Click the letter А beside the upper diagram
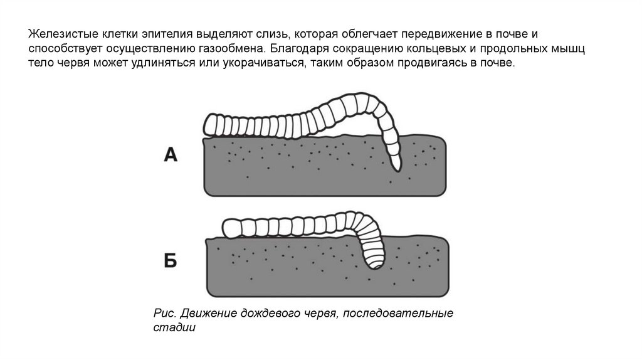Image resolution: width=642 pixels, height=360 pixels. point(171,154)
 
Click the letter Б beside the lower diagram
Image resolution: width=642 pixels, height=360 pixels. point(171,260)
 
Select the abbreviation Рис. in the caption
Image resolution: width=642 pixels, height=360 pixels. point(163,313)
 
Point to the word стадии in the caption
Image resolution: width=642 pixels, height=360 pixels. point(174,327)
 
